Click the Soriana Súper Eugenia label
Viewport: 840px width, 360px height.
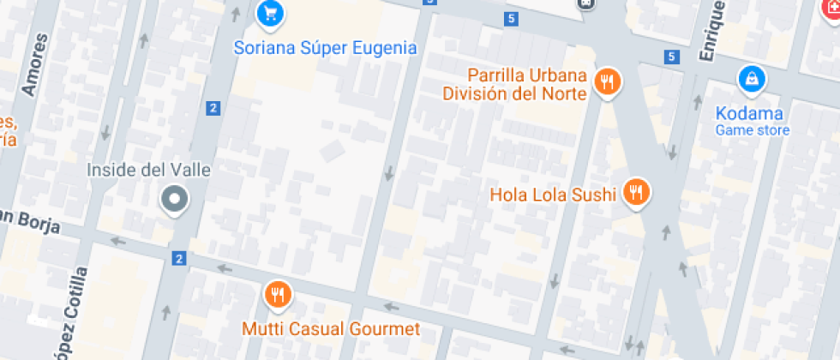click(x=325, y=48)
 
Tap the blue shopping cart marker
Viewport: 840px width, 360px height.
click(x=270, y=13)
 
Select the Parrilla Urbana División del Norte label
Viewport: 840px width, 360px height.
click(x=514, y=83)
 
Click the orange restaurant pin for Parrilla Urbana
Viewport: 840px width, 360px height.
click(x=609, y=82)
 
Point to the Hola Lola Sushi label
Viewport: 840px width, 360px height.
click(x=553, y=195)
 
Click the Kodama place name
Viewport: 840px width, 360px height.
click(x=752, y=113)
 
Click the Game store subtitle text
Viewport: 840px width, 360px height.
click(x=753, y=130)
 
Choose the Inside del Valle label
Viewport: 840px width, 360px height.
click(x=148, y=170)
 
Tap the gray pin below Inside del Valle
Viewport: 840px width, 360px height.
click(x=175, y=201)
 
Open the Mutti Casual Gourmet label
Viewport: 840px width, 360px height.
click(x=330, y=329)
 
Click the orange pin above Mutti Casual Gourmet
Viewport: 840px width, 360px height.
click(x=277, y=296)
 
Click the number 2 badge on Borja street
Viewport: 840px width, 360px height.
click(x=178, y=258)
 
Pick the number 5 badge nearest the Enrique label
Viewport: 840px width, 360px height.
click(x=670, y=57)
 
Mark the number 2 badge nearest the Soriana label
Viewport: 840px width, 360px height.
click(x=213, y=108)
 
